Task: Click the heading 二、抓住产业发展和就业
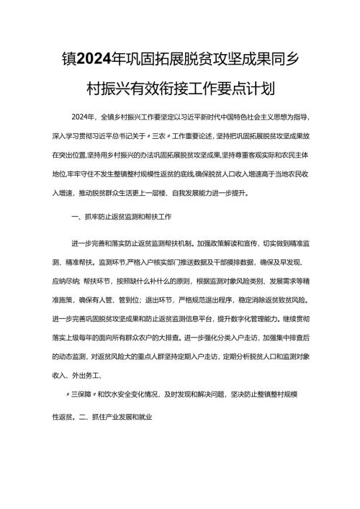[125, 416]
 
